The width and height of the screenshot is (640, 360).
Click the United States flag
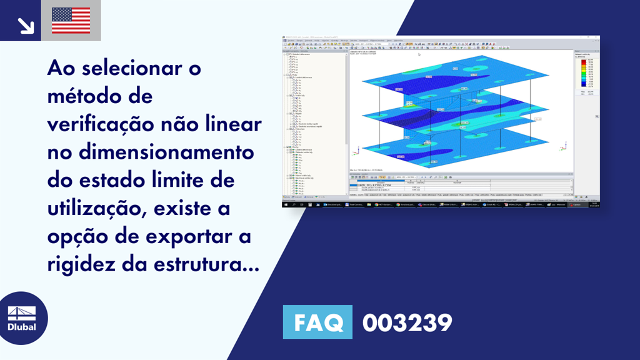(71, 21)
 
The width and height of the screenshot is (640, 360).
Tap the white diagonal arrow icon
(26, 25)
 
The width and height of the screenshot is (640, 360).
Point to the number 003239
(407, 322)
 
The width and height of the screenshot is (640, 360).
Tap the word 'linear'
(236, 125)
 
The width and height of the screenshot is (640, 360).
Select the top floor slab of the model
(431, 78)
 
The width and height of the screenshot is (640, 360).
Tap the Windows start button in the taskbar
(286, 204)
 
